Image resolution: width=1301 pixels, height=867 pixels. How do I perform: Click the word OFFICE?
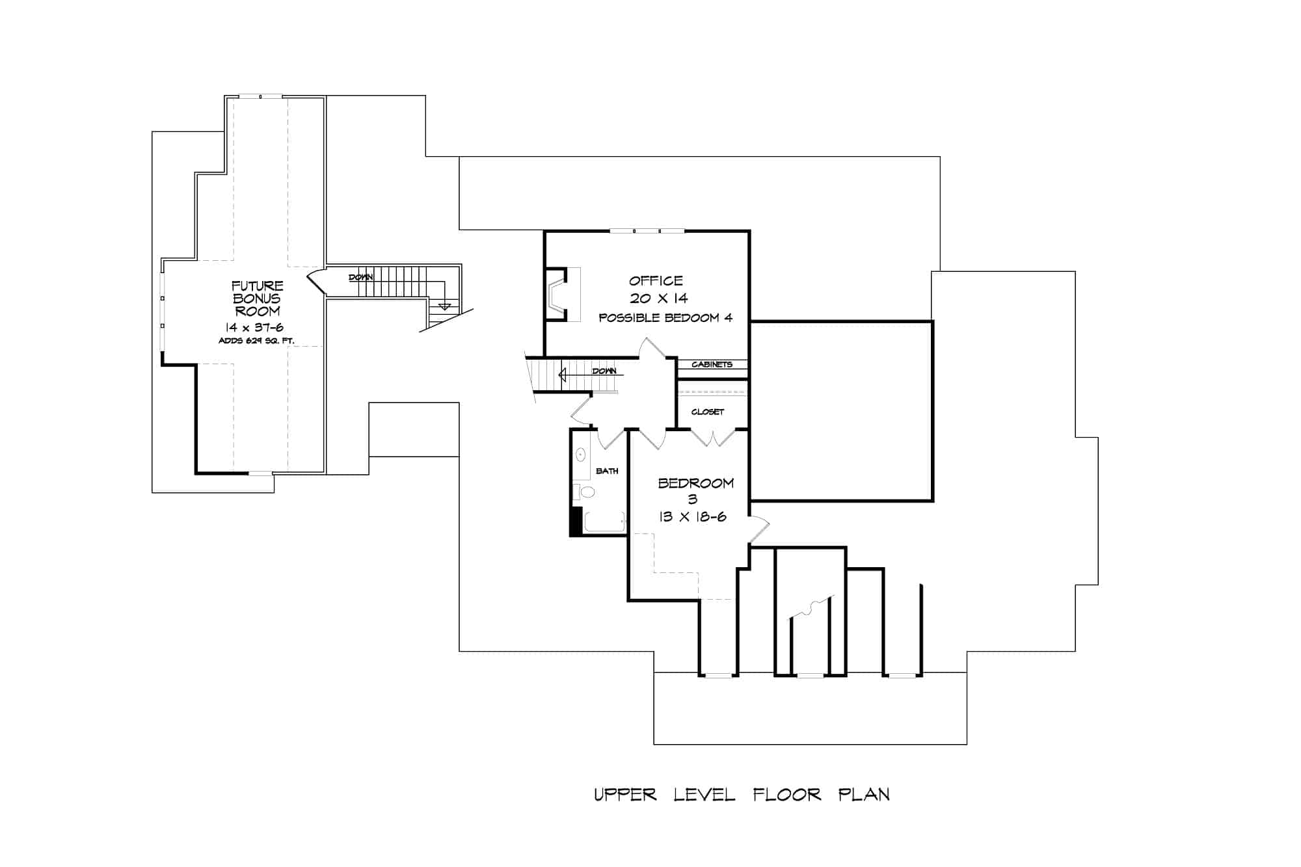[x=656, y=281]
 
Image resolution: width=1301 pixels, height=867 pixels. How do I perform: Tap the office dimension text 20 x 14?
[x=658, y=299]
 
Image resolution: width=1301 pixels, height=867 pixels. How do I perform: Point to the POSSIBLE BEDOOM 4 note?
[x=665, y=318]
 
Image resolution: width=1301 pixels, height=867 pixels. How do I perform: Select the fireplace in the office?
[x=558, y=294]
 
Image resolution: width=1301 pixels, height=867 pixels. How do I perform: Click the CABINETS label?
[x=712, y=364]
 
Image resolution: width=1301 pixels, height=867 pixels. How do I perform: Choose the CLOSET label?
[x=708, y=412]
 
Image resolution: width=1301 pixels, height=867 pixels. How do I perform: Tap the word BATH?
[x=607, y=471]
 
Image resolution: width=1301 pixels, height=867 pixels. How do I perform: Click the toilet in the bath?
[x=587, y=492]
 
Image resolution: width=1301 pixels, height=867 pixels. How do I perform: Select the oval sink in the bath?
[x=581, y=455]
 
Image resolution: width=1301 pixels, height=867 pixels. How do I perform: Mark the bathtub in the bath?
[x=604, y=522]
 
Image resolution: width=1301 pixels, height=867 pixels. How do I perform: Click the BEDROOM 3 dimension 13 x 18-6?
[x=692, y=517]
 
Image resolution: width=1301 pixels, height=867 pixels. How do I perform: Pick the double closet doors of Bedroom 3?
[x=714, y=438]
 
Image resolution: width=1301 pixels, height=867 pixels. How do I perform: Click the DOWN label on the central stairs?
[x=604, y=371]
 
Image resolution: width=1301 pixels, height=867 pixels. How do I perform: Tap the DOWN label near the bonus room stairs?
[x=361, y=278]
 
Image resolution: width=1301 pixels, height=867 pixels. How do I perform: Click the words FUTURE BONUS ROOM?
[x=258, y=298]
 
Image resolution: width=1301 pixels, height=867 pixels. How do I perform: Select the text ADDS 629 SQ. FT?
[x=256, y=341]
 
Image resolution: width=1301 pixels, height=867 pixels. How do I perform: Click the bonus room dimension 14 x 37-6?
[x=254, y=328]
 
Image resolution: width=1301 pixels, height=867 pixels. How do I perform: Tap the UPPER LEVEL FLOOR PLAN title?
[x=742, y=795]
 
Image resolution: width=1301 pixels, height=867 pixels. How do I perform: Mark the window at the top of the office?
[x=647, y=231]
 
